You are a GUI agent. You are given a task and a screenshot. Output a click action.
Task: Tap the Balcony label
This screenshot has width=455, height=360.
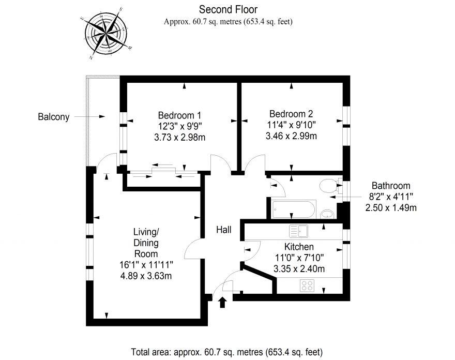coord(53,117)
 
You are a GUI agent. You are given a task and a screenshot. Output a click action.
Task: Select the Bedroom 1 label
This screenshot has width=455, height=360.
coord(179,115)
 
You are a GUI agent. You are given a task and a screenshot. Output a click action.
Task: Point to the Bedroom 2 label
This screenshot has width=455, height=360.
coord(291,114)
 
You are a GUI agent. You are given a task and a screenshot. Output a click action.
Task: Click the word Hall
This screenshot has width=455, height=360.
coord(223,229)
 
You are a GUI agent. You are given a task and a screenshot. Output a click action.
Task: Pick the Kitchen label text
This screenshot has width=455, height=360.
coord(299,247)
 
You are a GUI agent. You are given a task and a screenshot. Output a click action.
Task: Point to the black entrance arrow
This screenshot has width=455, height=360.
coord(223,302)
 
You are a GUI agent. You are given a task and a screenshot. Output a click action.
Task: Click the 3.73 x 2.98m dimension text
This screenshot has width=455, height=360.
coord(180,137)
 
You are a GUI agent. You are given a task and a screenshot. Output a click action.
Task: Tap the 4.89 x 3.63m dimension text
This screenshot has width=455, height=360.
coord(145,275)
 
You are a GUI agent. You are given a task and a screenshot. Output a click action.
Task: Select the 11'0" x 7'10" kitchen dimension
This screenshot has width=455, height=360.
coord(299,258)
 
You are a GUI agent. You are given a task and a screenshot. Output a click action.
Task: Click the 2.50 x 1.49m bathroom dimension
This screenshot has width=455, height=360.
coord(391,208)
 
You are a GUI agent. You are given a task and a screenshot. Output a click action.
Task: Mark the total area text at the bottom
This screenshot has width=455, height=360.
coord(226,352)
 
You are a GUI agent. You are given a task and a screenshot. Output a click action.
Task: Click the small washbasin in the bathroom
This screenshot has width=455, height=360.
coord(326,213)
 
